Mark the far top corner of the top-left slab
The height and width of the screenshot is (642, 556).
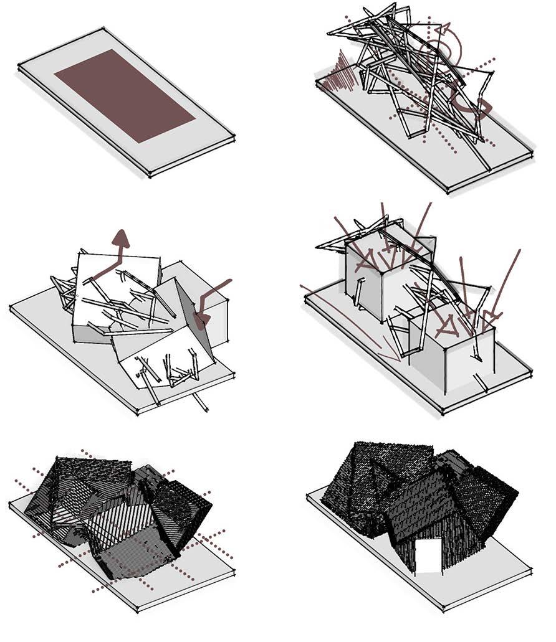pos(101,29)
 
